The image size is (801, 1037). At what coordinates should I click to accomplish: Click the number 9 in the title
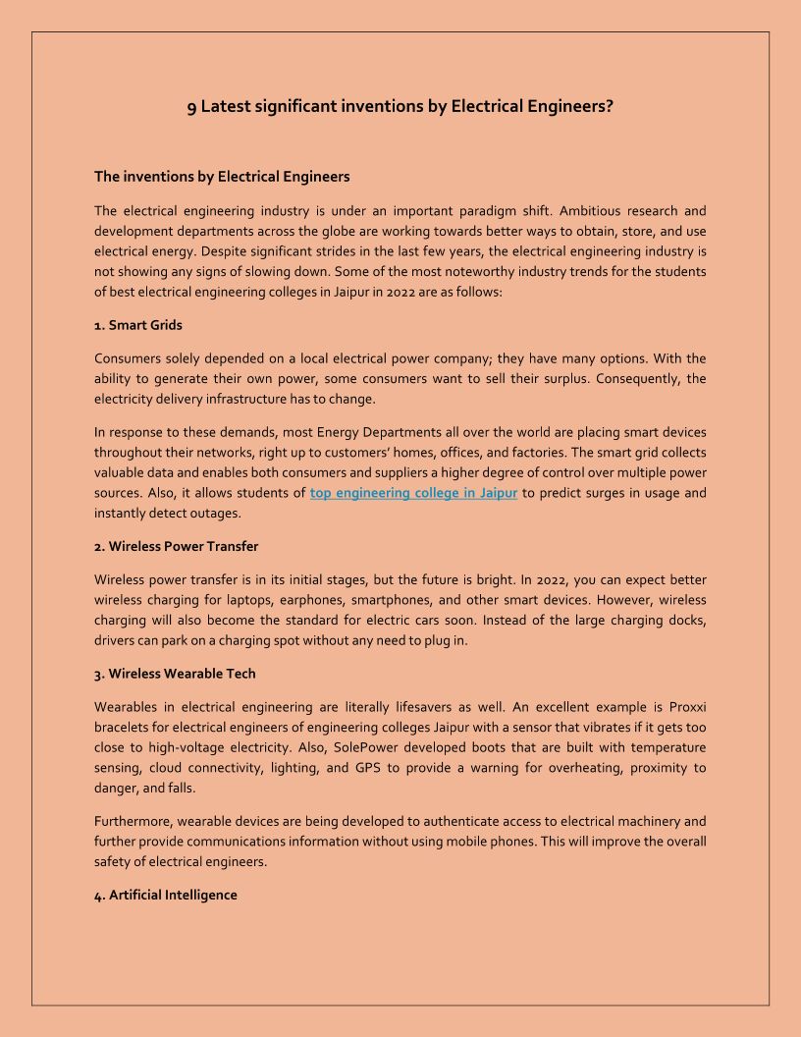tap(191, 107)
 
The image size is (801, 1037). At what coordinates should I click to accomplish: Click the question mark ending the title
tap(610, 106)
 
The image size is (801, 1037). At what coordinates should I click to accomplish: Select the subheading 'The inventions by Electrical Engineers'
tap(222, 177)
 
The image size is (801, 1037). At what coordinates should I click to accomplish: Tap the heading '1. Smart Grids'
tap(138, 324)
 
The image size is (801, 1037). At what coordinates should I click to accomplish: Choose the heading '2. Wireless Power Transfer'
tap(176, 546)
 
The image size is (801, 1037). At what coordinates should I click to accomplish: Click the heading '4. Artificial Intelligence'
tap(165, 895)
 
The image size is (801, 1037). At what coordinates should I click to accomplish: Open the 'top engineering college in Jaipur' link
tap(413, 493)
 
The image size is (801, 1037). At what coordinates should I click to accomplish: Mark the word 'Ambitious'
tap(590, 211)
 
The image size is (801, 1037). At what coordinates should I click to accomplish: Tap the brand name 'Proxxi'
tap(686, 707)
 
